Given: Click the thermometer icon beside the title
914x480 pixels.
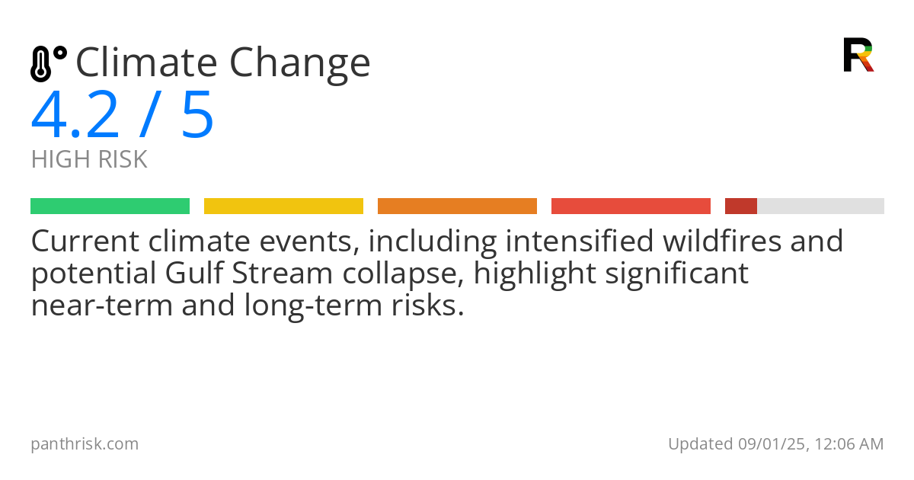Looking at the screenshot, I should pos(48,64).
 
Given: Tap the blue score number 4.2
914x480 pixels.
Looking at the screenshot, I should pos(75,116).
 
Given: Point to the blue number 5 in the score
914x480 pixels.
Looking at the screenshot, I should pos(197,116).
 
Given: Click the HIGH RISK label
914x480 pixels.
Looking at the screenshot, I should pos(89,160).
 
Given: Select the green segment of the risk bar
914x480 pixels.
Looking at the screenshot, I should pos(110,206).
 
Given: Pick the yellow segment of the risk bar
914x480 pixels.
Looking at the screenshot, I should pos(283,206).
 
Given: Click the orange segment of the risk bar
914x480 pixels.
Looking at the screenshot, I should pos(457,206).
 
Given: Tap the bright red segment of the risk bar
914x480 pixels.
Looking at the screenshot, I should pos(631,206).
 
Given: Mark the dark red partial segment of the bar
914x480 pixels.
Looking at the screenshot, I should pos(740,206).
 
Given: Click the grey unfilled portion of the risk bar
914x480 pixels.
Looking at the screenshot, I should pos(820,206).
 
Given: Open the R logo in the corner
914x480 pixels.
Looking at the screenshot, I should pos(858,55).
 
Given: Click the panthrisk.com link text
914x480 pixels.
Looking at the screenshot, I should pos(85,444).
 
